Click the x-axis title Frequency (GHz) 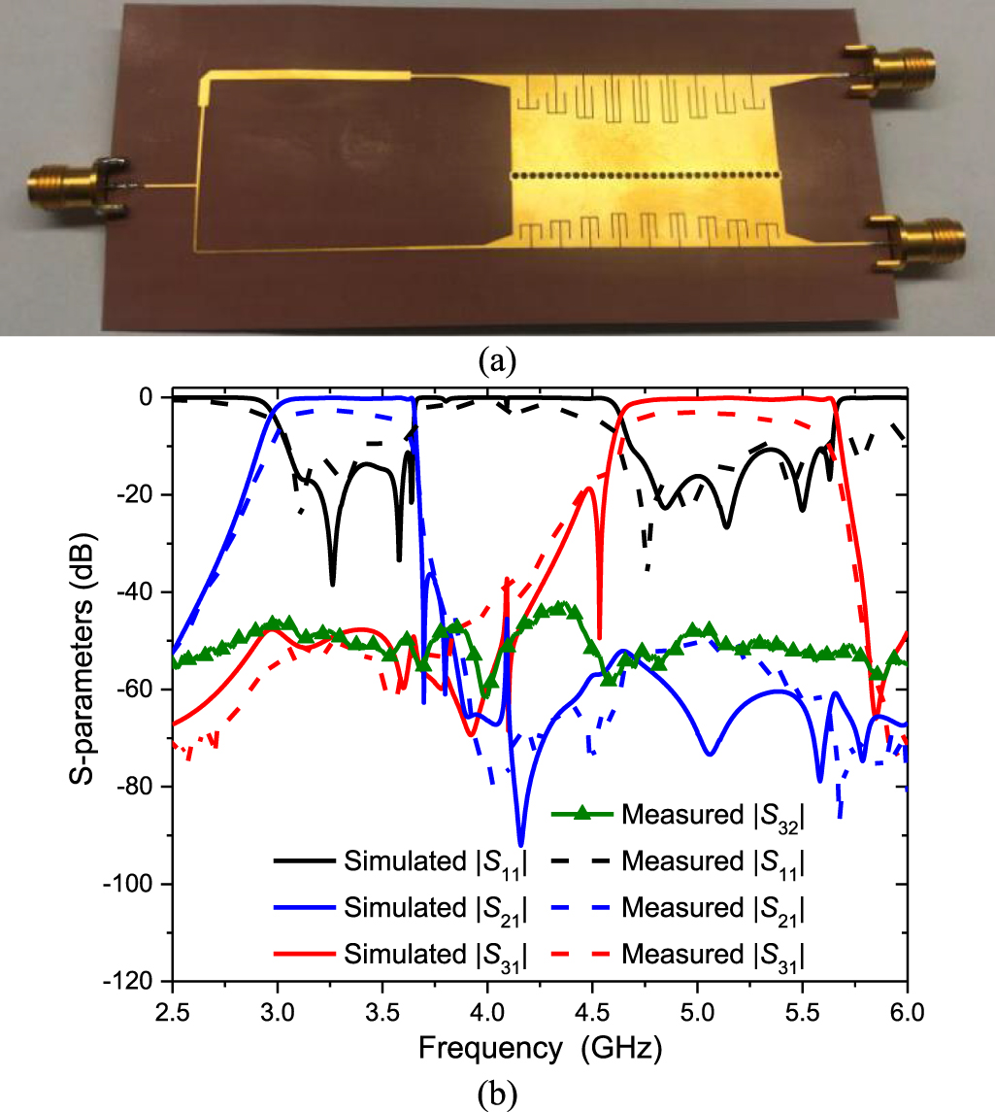tap(540, 1048)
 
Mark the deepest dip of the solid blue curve tap(521, 844)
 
